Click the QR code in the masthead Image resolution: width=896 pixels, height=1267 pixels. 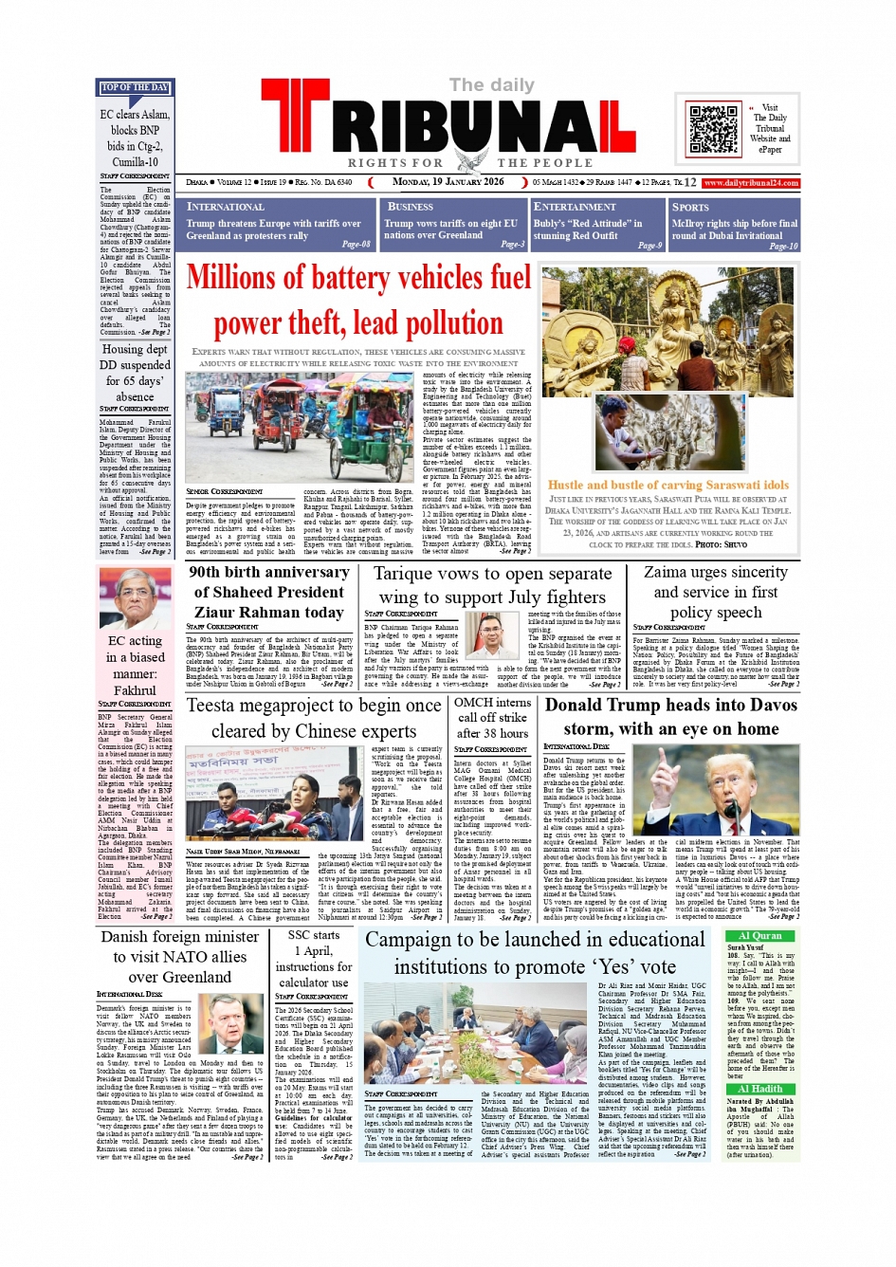(x=713, y=129)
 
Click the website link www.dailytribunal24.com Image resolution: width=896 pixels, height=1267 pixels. (x=751, y=182)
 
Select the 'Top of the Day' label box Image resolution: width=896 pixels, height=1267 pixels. (x=135, y=87)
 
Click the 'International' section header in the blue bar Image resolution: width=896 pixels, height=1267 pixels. (x=226, y=207)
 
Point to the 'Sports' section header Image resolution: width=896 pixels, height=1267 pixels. (x=690, y=207)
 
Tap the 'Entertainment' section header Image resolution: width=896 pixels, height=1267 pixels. (x=575, y=207)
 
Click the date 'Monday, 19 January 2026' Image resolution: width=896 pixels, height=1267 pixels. (x=448, y=182)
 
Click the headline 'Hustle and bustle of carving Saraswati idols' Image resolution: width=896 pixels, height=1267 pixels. (x=668, y=485)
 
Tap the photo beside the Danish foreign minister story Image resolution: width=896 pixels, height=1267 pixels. (x=232, y=1024)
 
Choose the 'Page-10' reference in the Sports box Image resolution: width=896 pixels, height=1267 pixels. (x=783, y=246)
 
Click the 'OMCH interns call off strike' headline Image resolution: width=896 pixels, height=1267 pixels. (x=492, y=717)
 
